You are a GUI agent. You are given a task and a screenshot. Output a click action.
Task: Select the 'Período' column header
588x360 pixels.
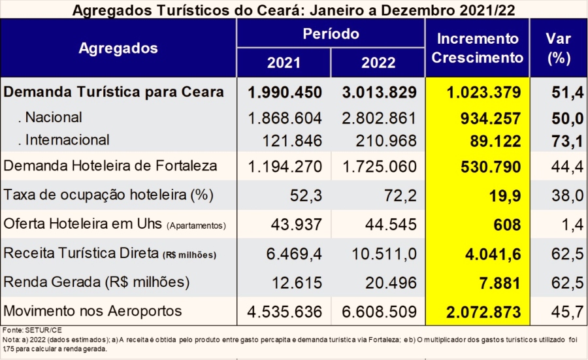(331, 33)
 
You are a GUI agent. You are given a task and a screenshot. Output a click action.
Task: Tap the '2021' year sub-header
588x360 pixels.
(284, 63)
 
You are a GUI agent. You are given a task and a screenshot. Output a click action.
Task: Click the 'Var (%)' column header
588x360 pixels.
(558, 48)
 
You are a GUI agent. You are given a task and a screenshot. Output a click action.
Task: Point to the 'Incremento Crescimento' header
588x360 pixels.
(478, 48)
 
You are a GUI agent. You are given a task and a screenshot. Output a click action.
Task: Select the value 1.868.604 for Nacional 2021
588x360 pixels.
(284, 118)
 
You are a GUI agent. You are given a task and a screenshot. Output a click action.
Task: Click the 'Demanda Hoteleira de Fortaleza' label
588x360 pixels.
(110, 166)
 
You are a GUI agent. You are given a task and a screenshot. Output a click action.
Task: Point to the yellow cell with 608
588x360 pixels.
(508, 225)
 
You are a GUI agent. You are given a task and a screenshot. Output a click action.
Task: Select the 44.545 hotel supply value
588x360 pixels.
(388, 225)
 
